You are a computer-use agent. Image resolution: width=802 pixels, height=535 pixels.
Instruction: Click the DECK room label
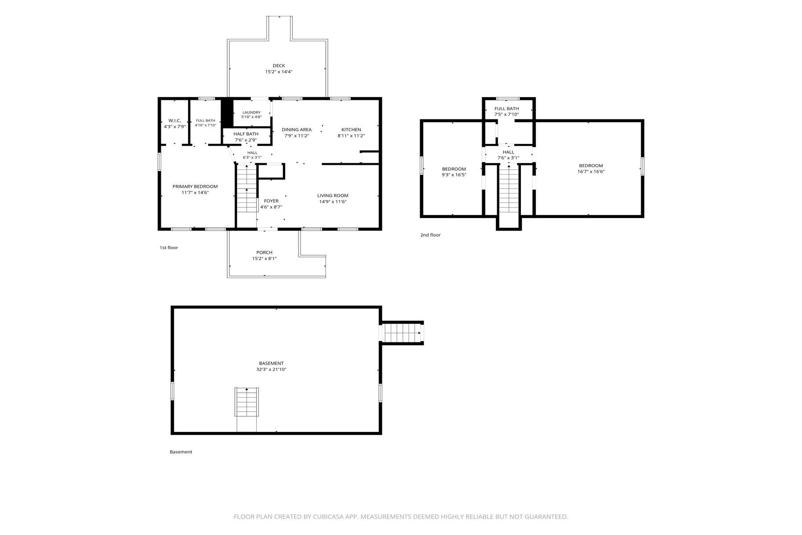[x=279, y=66]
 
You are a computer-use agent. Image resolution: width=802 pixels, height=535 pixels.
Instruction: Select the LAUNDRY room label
[x=251, y=112]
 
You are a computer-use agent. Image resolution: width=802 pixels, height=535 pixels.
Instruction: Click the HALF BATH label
[x=246, y=134]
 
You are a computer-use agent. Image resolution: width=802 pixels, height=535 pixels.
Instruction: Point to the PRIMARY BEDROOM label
[x=195, y=186]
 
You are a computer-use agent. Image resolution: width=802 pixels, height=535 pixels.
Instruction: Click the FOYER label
[x=271, y=201]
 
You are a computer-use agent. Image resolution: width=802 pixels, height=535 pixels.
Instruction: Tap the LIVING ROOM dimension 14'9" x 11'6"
[x=333, y=202]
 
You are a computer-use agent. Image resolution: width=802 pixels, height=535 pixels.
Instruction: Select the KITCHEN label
[x=351, y=130]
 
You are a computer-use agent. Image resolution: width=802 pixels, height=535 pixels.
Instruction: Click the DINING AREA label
[x=297, y=130]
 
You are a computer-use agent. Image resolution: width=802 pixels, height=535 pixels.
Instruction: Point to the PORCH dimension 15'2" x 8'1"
[x=265, y=258]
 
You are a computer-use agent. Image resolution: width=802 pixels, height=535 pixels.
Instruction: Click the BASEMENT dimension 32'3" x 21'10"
[x=271, y=369]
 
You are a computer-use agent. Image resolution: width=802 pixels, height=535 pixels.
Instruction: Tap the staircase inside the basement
[x=247, y=402]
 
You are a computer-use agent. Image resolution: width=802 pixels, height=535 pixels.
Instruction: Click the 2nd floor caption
[x=430, y=235]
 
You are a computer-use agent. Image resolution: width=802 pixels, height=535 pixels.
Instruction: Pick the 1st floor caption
[x=169, y=247]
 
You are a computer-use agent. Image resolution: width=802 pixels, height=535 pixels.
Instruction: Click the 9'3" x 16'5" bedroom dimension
[x=454, y=175]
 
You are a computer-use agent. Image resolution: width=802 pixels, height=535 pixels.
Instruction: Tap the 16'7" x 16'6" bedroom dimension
[x=591, y=172]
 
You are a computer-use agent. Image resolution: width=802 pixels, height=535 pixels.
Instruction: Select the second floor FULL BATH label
[x=507, y=108]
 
